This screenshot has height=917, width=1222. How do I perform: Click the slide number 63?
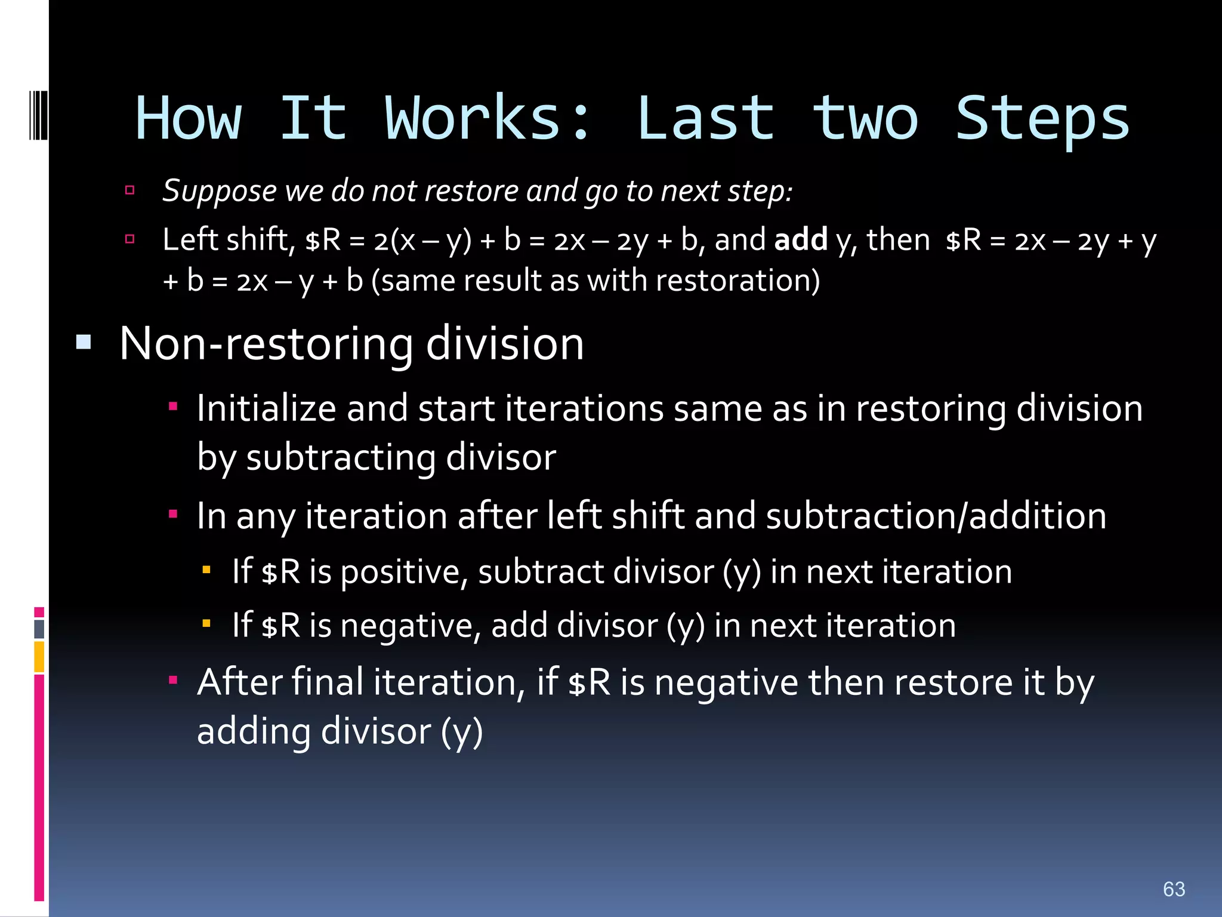coord(1174,889)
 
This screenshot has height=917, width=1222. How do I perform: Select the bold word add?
coord(801,239)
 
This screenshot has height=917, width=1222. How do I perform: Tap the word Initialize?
coord(267,409)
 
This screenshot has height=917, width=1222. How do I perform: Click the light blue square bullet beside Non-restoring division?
coord(84,342)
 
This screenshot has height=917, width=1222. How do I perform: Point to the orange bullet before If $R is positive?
coord(206,570)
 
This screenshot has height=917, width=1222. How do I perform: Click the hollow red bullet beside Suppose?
coord(129,190)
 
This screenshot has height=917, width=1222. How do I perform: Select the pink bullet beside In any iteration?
coord(173,514)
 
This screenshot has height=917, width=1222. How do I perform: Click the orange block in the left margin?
coord(39,656)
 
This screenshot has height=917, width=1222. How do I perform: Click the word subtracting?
coord(341,458)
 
